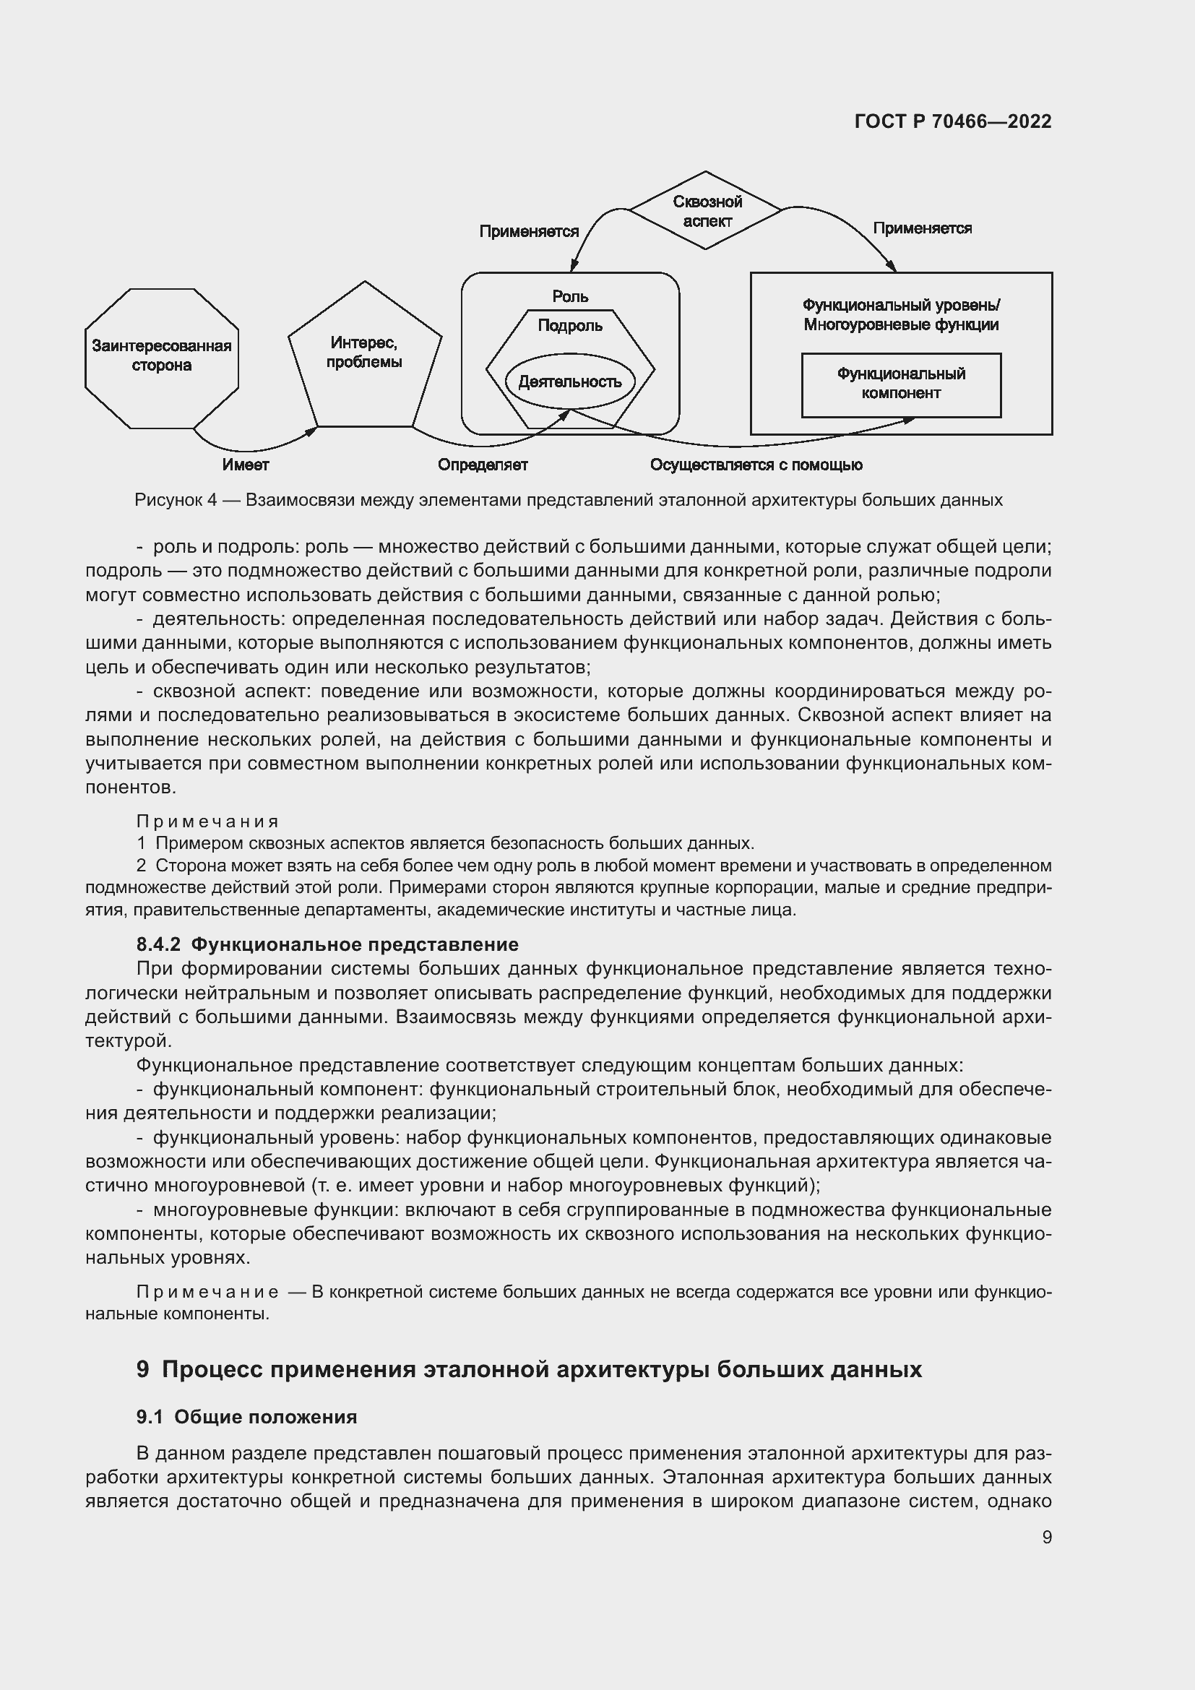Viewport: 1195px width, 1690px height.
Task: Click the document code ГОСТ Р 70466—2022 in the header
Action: coord(952,121)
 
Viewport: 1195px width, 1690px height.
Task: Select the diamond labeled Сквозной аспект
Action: coord(707,211)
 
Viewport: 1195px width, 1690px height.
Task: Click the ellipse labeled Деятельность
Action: coord(569,381)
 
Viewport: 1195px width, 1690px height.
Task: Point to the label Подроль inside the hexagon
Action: coord(569,325)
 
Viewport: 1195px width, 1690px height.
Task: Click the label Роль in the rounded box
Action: coord(570,296)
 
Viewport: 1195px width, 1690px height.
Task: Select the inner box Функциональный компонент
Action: coord(901,384)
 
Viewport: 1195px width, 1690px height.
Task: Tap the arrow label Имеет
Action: coord(246,465)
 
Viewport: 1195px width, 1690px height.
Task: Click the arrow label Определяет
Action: coord(483,465)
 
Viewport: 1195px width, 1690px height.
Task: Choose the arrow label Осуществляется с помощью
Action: coord(756,465)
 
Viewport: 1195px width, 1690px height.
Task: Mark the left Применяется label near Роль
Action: coord(528,231)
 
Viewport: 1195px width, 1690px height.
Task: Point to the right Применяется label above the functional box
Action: coord(922,228)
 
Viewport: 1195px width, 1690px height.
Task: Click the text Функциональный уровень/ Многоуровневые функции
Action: coord(901,315)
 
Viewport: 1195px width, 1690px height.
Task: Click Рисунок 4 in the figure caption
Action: coord(176,500)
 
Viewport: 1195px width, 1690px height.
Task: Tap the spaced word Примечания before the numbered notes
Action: coord(207,821)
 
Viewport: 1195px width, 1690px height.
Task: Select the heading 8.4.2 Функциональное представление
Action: coord(327,944)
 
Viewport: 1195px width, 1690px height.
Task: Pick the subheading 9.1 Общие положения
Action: coord(246,1417)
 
